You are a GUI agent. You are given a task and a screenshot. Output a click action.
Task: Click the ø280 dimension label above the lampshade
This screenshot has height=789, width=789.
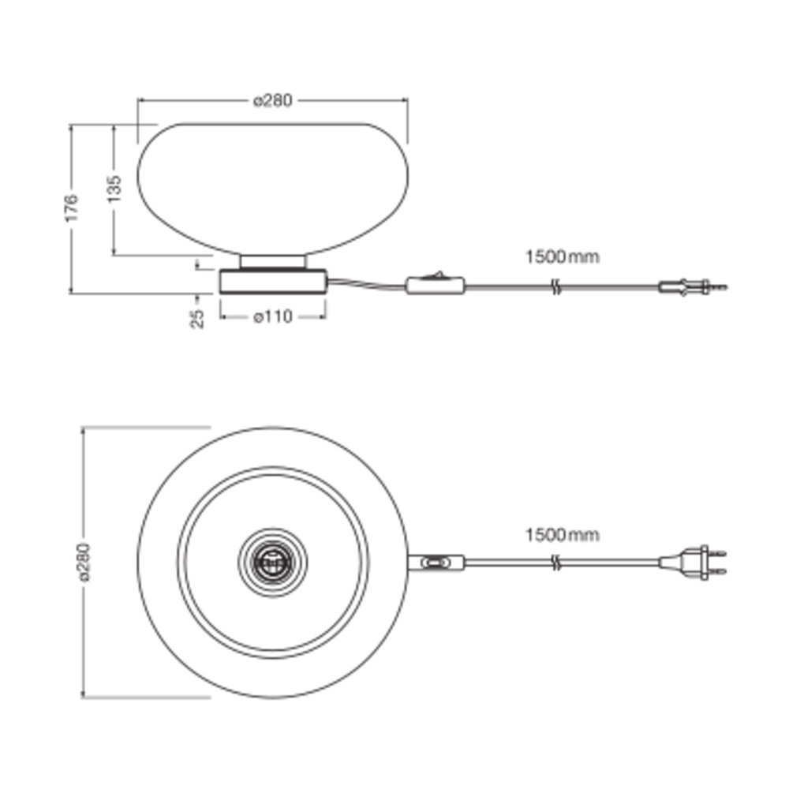click(272, 101)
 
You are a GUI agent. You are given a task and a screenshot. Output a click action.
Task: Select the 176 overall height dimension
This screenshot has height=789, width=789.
click(72, 207)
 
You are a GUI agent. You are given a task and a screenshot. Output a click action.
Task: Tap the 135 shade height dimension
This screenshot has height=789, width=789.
click(114, 189)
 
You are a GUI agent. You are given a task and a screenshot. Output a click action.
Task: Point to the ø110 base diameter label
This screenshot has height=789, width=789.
click(273, 317)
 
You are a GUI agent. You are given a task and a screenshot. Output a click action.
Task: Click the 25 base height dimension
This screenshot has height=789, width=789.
click(198, 319)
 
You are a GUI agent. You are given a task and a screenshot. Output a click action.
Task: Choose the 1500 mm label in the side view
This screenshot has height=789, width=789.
click(563, 256)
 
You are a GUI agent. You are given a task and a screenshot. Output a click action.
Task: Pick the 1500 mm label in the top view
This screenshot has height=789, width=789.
click(563, 534)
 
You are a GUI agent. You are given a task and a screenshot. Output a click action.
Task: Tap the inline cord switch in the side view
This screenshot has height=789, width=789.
click(436, 285)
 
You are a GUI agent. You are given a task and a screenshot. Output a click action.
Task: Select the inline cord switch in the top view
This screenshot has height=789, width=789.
click(436, 562)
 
